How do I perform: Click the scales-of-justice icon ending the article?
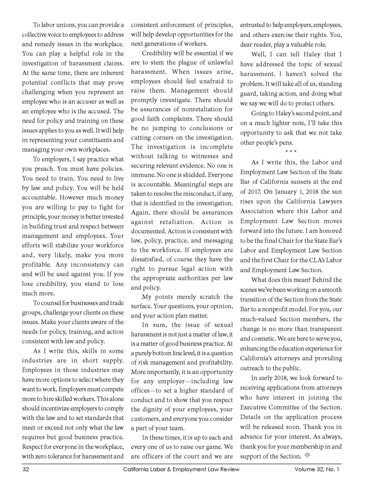(307, 456)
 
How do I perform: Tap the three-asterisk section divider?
(291, 152)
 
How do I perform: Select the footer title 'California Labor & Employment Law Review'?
(181, 469)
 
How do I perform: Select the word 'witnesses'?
(201, 156)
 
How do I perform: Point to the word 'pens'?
(286, 142)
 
